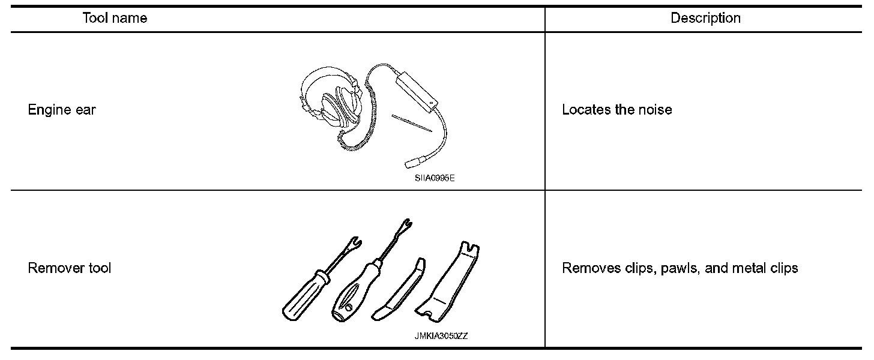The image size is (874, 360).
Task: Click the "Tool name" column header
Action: [x=114, y=18]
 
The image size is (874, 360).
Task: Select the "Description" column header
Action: [x=705, y=18]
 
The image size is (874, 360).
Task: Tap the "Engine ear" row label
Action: [x=62, y=110]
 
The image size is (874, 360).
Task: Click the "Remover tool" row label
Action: [x=70, y=268]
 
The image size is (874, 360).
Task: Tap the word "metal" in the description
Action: [x=749, y=268]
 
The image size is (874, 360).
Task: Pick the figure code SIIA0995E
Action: [x=434, y=178]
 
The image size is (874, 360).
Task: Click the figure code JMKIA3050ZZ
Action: [x=441, y=336]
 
